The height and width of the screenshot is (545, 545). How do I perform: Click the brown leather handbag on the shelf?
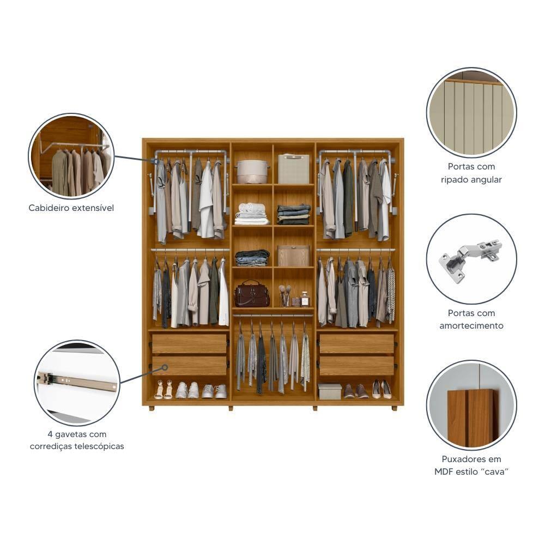click(x=252, y=294)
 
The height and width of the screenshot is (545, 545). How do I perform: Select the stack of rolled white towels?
click(x=252, y=214)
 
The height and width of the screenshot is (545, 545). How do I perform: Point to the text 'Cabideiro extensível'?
click(x=71, y=208)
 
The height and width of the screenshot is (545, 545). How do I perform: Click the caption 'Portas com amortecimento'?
click(x=471, y=319)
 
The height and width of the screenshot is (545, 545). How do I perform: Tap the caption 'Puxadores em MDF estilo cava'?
click(x=471, y=465)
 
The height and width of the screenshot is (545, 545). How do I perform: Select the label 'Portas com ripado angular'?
click(x=471, y=173)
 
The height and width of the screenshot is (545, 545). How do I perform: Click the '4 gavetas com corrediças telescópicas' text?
click(x=77, y=440)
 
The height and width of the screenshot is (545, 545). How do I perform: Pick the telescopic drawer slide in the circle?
click(x=77, y=381)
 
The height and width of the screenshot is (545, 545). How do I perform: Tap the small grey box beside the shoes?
click(x=329, y=391)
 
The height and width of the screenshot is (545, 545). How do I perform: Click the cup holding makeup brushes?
click(x=284, y=297)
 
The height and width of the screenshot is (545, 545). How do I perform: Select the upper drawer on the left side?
click(x=189, y=343)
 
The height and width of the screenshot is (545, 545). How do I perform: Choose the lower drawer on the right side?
click(x=356, y=366)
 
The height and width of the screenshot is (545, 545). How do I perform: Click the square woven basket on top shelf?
click(x=294, y=169)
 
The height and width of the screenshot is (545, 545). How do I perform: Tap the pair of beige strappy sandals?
click(x=163, y=390)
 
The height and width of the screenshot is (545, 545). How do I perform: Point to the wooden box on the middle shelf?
click(x=293, y=256)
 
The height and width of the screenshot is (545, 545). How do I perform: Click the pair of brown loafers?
click(x=356, y=391)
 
